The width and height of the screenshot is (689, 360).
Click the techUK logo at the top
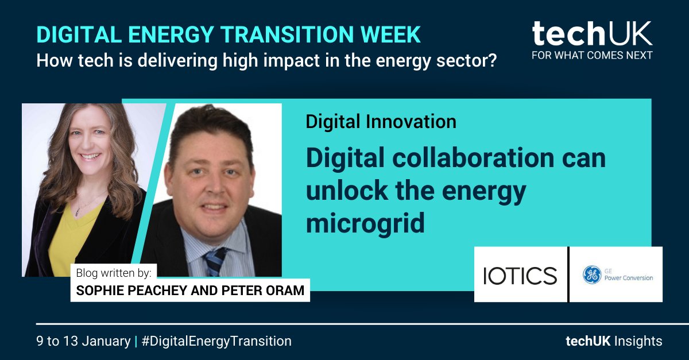click(x=592, y=34)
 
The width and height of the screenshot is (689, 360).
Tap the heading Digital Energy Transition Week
click(x=229, y=34)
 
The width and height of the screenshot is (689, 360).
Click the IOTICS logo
click(x=520, y=275)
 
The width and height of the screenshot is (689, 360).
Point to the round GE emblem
click(x=591, y=275)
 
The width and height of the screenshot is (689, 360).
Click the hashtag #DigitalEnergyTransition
click(x=216, y=341)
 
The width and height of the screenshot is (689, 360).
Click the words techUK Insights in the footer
click(x=613, y=341)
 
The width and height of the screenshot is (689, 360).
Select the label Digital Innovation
click(x=381, y=122)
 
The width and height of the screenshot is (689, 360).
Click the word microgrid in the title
click(x=365, y=223)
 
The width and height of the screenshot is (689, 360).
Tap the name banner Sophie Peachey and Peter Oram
click(x=190, y=291)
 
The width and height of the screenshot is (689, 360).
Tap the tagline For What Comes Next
click(x=592, y=56)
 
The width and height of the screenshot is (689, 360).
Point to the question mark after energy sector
click(x=491, y=60)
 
